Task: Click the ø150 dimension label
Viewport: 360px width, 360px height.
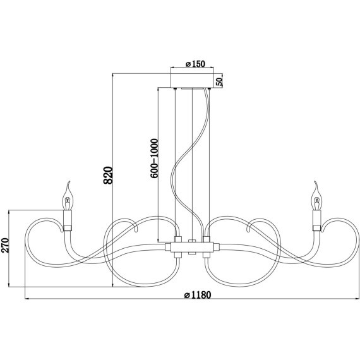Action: tap(193, 64)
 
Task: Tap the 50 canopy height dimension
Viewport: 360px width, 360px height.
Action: tap(219, 81)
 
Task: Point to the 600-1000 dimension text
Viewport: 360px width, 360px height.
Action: tap(153, 158)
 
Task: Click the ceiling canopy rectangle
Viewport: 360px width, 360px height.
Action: tap(192, 81)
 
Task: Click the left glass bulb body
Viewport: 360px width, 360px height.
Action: tap(68, 201)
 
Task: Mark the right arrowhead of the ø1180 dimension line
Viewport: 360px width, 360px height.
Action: tap(357, 299)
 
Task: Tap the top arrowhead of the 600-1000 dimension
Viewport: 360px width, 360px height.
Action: tap(158, 89)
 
